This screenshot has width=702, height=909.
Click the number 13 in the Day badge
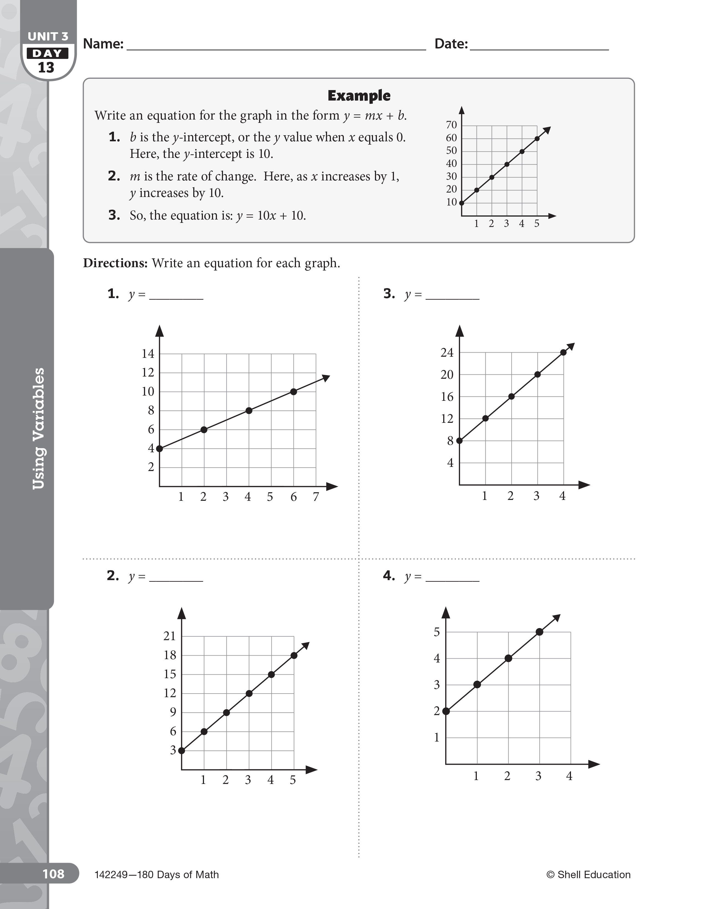[46, 68]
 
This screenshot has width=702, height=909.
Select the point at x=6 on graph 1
[294, 392]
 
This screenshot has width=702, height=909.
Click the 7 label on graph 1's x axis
[316, 497]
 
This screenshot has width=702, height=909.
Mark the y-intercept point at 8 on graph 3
[459, 440]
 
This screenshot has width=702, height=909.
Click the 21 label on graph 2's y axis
[169, 636]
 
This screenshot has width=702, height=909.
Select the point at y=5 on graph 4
[539, 632]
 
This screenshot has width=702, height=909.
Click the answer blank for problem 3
[453, 295]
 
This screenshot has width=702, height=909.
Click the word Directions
[115, 263]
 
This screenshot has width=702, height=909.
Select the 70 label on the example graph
[451, 125]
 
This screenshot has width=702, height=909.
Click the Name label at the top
[103, 44]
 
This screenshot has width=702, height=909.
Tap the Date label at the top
[451, 44]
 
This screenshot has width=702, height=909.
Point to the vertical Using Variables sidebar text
[38, 429]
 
